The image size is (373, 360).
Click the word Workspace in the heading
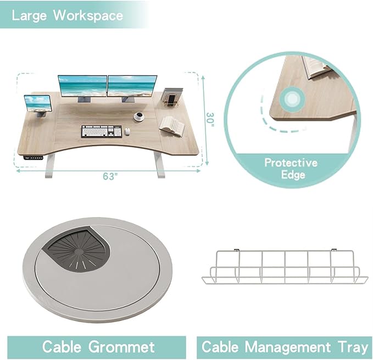(88, 16)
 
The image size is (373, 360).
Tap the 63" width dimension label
(110, 176)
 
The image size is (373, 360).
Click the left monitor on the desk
(82, 87)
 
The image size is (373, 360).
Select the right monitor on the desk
(132, 87)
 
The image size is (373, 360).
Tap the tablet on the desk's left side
(38, 104)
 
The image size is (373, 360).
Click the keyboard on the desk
(102, 131)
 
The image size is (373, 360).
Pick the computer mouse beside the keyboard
(127, 131)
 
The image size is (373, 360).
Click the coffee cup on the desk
(139, 117)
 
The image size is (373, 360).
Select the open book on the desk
(172, 126)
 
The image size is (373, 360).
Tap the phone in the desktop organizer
(170, 100)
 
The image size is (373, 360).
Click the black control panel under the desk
(34, 157)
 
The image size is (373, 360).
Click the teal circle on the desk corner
(292, 99)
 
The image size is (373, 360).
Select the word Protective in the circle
(291, 163)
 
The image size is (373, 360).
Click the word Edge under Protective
(293, 175)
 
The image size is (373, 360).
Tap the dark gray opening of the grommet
(77, 248)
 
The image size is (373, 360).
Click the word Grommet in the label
(121, 347)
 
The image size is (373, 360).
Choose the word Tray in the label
(353, 347)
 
